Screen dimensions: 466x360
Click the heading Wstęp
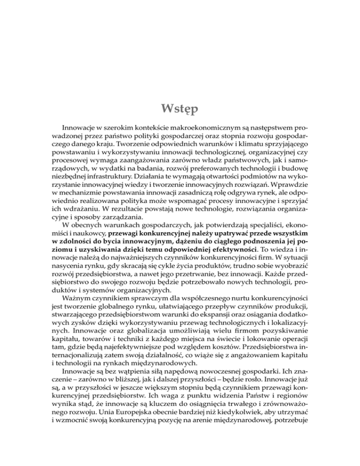[x=180, y=112]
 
